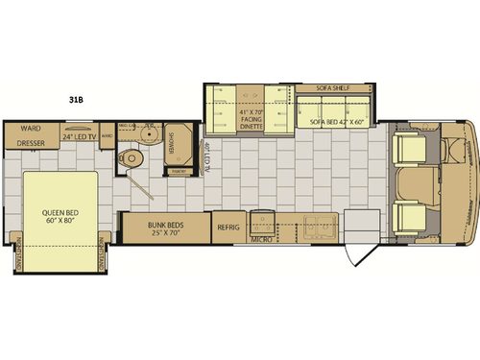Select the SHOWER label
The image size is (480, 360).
(x=172, y=143)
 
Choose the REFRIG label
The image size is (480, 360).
(x=228, y=228)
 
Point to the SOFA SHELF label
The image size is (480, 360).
(x=333, y=88)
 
